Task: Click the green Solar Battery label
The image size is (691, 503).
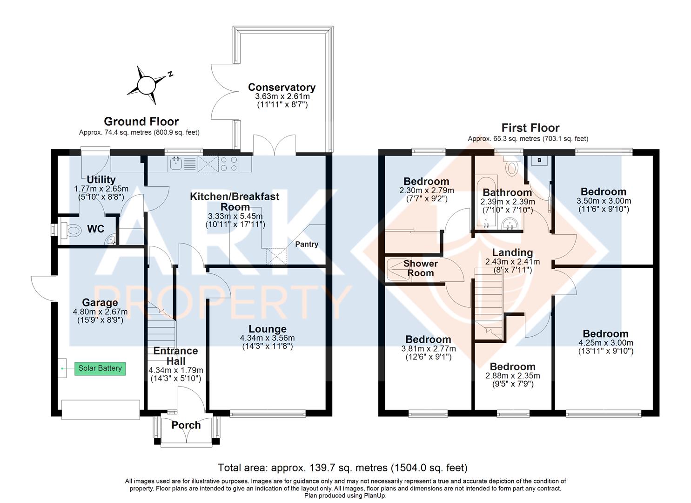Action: point(100,369)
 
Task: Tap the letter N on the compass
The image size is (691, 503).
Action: point(170,74)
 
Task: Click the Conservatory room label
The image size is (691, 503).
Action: point(282,88)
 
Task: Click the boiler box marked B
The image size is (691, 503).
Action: point(539,160)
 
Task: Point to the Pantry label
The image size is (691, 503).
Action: point(307,244)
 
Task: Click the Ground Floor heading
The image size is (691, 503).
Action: point(141,122)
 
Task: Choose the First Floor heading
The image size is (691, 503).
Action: point(530,128)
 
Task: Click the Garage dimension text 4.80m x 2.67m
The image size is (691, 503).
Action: point(100,312)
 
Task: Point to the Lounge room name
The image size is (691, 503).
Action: point(268,329)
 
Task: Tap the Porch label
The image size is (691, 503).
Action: point(186,425)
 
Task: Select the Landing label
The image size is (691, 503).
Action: point(512,252)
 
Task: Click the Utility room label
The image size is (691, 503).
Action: point(101,179)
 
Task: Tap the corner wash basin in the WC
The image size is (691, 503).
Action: point(110,239)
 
